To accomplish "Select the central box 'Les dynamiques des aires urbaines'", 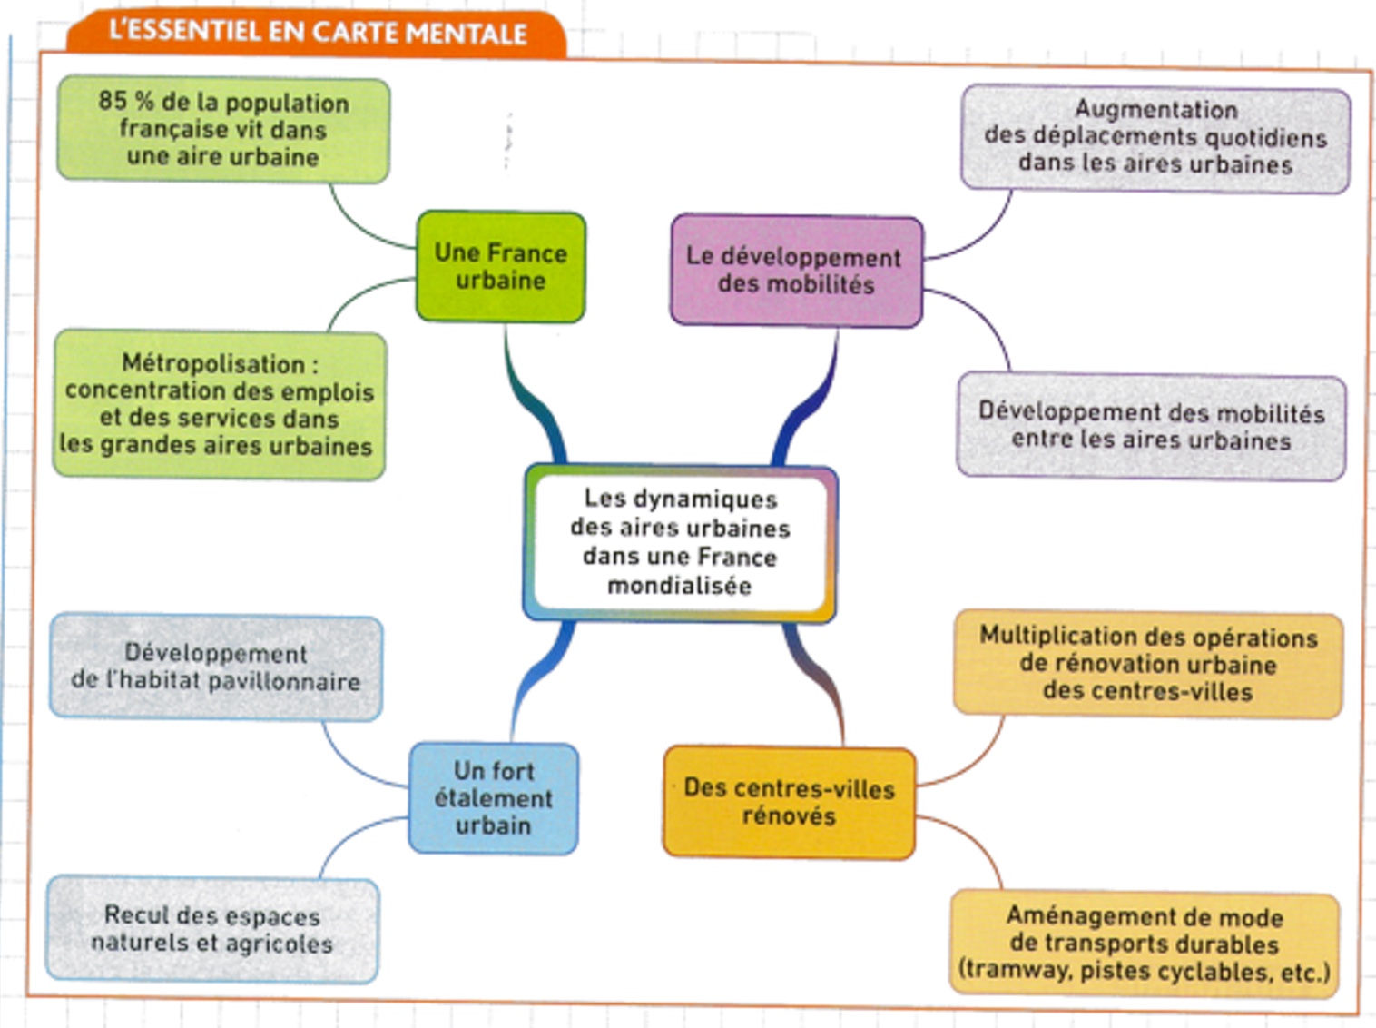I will coord(679,542).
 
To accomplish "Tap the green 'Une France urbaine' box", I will coord(500,266).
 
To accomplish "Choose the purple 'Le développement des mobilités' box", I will coord(795,271).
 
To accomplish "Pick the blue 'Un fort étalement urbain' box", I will coord(493,798).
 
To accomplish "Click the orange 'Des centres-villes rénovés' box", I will coord(789,802).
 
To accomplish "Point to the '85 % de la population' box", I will coord(223,130).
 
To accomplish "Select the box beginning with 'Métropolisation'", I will coord(218,405).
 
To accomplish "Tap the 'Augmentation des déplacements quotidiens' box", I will coord(1155,138).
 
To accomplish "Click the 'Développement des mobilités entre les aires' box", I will coord(1151,427).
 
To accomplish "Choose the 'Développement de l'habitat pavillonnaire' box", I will coord(216,667).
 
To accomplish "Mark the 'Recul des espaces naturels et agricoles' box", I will coord(212,929).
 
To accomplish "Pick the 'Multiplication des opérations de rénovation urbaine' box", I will coord(1147,664).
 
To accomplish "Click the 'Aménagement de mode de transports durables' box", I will coord(1144,944).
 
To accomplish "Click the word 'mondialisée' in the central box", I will coord(679,586).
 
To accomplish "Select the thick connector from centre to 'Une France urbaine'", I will coord(534,400).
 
